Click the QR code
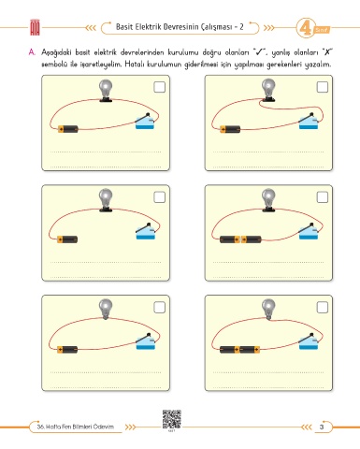tap(171, 419)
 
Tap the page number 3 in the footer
tap(322, 427)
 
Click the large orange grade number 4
tap(305, 28)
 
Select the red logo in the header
tap(35, 27)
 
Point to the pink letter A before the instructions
tap(32, 52)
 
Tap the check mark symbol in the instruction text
tap(259, 52)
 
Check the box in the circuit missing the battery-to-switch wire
tap(159, 197)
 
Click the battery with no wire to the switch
tap(67, 239)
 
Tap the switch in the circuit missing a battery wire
tap(146, 231)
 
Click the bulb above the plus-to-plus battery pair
tap(268, 200)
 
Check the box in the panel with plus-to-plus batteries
tap(323, 197)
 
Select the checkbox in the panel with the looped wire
tap(323, 87)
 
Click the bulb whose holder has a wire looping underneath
tap(268, 90)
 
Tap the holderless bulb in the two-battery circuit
tap(268, 309)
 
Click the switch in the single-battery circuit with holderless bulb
tap(146, 341)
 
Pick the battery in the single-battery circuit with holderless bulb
tap(67, 349)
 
